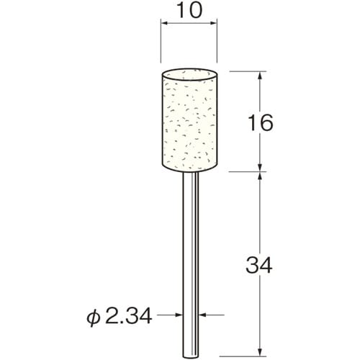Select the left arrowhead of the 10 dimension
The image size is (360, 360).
click(x=163, y=25)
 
